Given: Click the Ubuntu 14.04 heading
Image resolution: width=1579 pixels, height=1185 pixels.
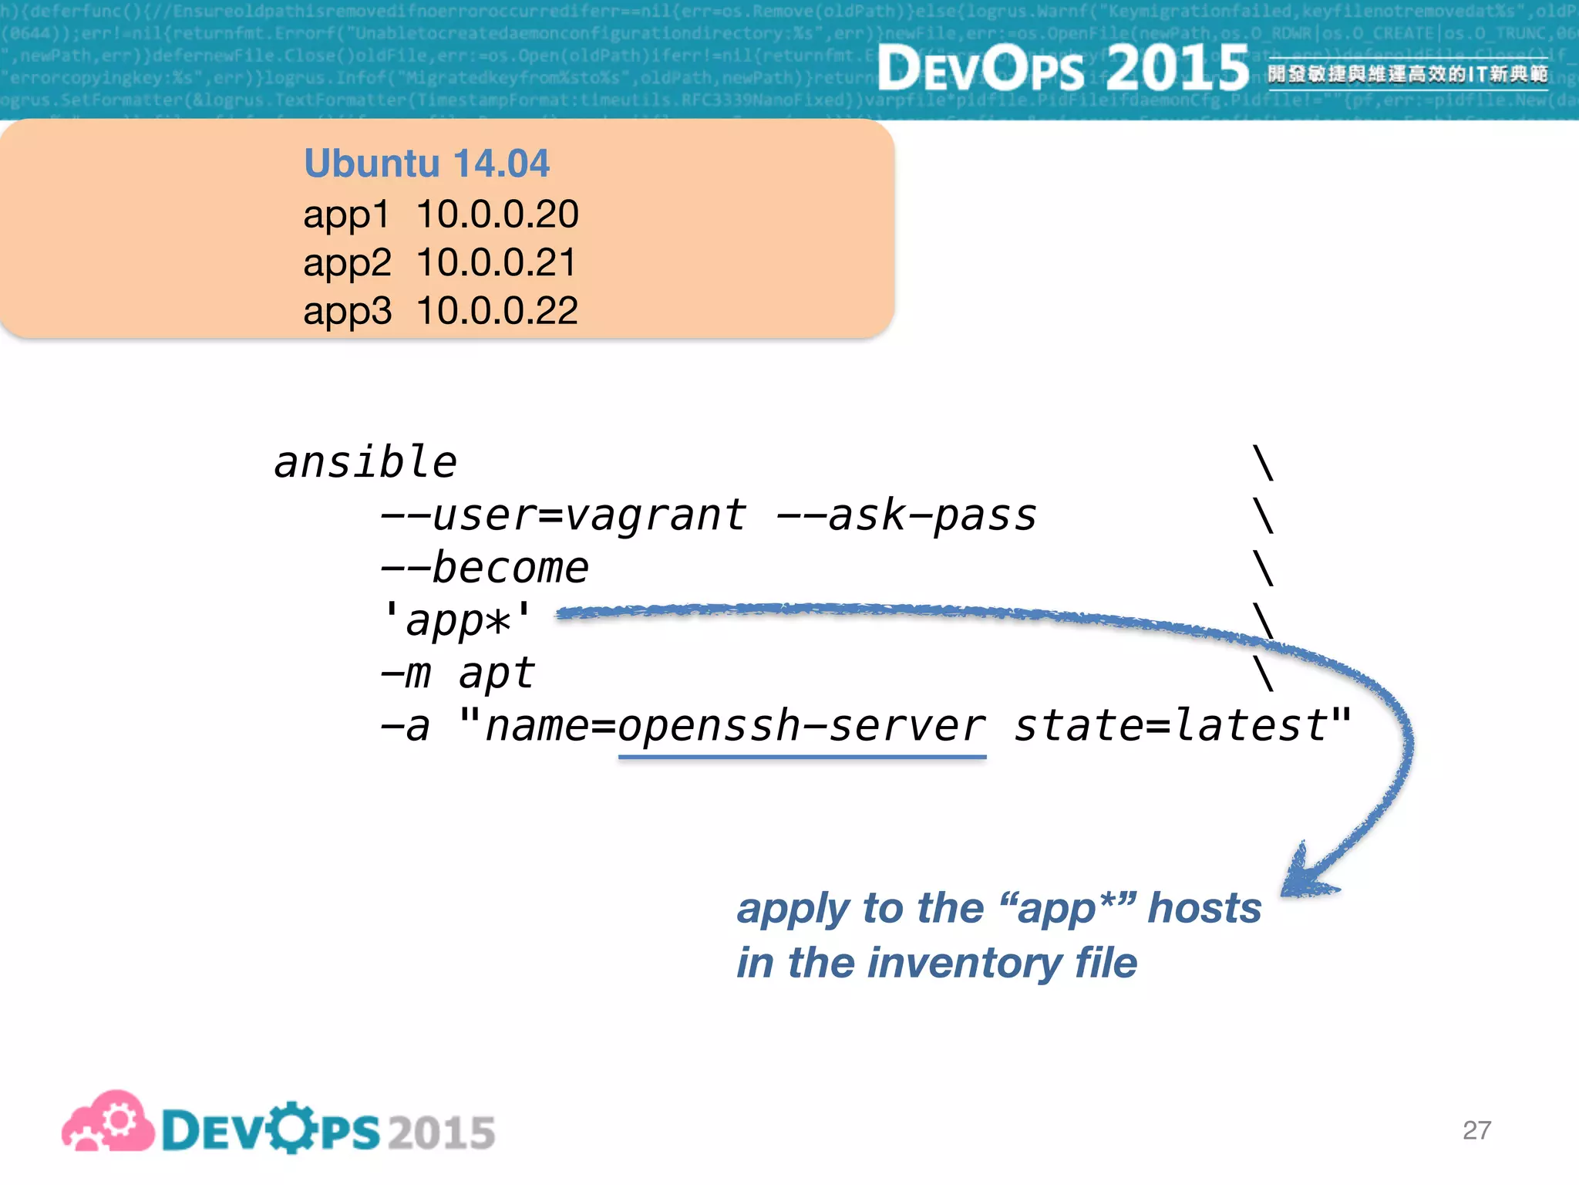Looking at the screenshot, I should [x=426, y=164].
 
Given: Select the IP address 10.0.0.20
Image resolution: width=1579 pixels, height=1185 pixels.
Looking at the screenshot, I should [x=497, y=214].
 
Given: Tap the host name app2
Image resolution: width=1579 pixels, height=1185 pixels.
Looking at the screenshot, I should [x=347, y=263].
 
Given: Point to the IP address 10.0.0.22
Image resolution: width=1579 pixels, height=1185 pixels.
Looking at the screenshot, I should [x=497, y=311].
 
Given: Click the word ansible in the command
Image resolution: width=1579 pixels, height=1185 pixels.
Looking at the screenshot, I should [x=365, y=463].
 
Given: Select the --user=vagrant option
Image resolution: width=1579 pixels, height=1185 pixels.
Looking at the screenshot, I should [x=563, y=515].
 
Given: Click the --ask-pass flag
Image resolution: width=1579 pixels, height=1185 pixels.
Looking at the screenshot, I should [x=906, y=515].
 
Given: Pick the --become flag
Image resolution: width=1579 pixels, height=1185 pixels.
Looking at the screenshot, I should [x=484, y=569].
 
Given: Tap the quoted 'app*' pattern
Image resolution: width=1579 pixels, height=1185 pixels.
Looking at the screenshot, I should [x=457, y=621].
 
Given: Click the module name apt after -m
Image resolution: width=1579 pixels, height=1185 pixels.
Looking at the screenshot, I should [x=496, y=674].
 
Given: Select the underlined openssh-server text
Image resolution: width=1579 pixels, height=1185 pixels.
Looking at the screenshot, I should [x=802, y=727].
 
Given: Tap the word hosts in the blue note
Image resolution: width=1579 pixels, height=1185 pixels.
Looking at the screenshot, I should [x=1204, y=907].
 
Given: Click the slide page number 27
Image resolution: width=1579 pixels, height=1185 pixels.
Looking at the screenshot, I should [x=1476, y=1130].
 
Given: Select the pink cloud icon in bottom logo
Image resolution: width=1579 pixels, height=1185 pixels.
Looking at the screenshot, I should [x=109, y=1123].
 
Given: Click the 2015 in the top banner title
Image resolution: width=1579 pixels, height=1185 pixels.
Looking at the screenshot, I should [x=1177, y=68].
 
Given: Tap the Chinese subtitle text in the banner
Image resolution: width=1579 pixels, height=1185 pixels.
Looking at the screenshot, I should [x=1407, y=74].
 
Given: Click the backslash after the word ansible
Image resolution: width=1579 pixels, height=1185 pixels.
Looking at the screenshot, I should [x=1263, y=463].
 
